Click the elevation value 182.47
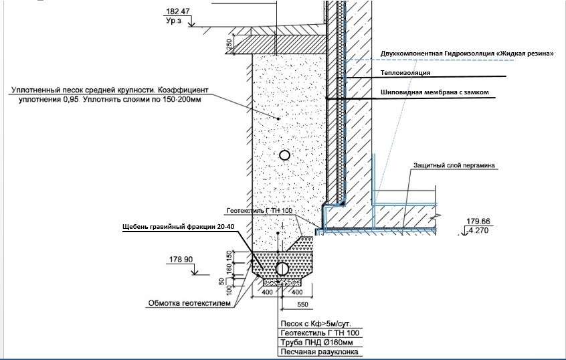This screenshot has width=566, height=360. click(176, 11)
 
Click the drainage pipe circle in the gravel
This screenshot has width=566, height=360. click(282, 269)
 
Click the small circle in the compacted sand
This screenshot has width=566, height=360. click(284, 155)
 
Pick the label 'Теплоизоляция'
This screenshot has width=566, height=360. click(405, 72)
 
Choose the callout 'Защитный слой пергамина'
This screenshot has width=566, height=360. click(453, 165)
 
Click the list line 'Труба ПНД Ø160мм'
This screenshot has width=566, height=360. click(308, 342)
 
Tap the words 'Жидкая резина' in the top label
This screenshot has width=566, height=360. click(525, 53)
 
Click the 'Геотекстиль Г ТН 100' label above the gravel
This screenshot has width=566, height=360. click(260, 210)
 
